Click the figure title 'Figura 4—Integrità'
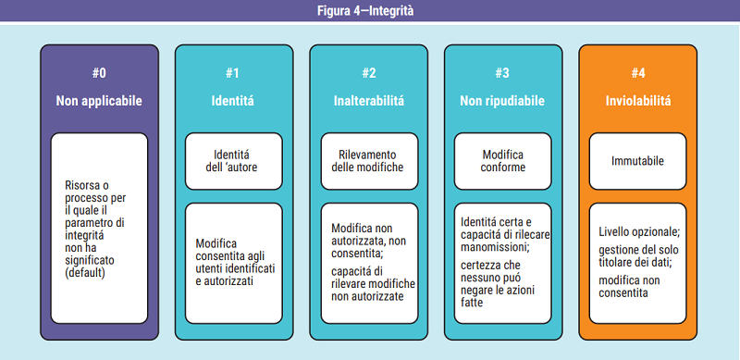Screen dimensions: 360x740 370,11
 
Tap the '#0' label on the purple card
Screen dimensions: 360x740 99,73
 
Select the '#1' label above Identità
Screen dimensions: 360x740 233,73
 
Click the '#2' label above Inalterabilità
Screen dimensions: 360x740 368,73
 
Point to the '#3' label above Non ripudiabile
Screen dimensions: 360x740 502,73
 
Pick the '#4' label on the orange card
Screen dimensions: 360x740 637,73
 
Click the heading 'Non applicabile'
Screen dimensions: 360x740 99,100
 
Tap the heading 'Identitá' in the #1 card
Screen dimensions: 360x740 233,100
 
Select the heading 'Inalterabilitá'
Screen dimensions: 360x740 368,100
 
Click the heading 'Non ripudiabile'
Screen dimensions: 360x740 502,100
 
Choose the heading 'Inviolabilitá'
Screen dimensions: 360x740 637,100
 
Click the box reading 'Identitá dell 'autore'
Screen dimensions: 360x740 233,161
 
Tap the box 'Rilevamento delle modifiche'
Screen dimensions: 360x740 368,161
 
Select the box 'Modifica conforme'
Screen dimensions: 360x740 502,161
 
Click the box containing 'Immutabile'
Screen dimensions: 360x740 637,161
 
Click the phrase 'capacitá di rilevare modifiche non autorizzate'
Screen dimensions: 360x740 374,282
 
